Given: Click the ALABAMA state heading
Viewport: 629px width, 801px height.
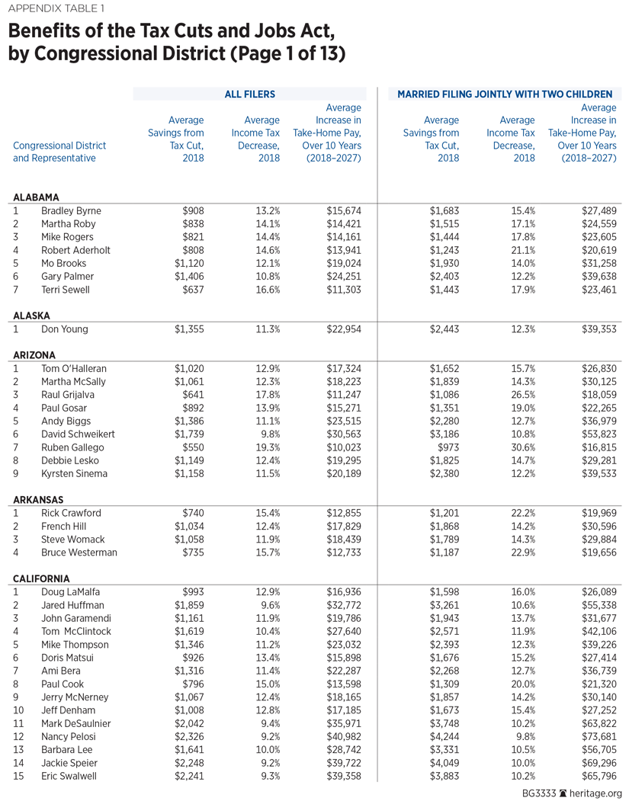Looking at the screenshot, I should pyautogui.click(x=36, y=197).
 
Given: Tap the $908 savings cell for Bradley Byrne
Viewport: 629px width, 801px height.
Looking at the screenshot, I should pyautogui.click(x=191, y=210).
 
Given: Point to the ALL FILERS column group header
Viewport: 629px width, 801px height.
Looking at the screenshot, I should pyautogui.click(x=249, y=95).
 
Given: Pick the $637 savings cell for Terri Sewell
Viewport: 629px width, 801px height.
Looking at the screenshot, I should pyautogui.click(x=193, y=290).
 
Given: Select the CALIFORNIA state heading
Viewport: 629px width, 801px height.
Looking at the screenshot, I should pyautogui.click(x=41, y=578).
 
